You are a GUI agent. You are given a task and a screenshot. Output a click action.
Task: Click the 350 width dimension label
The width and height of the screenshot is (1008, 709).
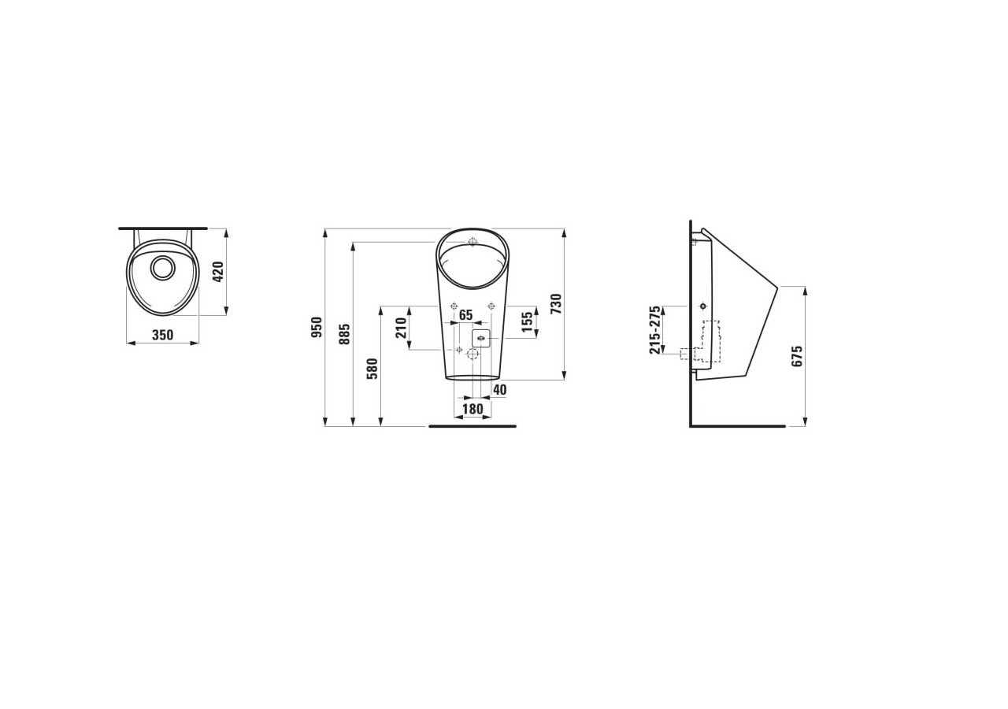coord(162,335)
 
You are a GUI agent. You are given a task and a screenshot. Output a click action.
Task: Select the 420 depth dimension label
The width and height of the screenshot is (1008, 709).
coord(218,272)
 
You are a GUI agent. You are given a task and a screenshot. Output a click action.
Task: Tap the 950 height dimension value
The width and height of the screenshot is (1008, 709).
coord(317,327)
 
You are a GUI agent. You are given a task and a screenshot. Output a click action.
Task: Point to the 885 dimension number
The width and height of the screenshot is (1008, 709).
coord(344,333)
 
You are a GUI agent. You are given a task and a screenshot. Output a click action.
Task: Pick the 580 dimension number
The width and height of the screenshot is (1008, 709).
coord(372,369)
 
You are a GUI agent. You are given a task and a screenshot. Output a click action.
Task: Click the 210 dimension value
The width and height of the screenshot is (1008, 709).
coord(401,328)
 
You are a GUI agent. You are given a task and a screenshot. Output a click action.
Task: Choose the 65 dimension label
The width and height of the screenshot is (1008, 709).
coord(465,314)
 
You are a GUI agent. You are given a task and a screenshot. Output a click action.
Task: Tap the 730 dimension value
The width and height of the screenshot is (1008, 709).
coord(556,303)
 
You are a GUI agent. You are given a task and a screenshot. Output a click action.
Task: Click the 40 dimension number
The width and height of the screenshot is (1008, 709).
coord(499,390)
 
